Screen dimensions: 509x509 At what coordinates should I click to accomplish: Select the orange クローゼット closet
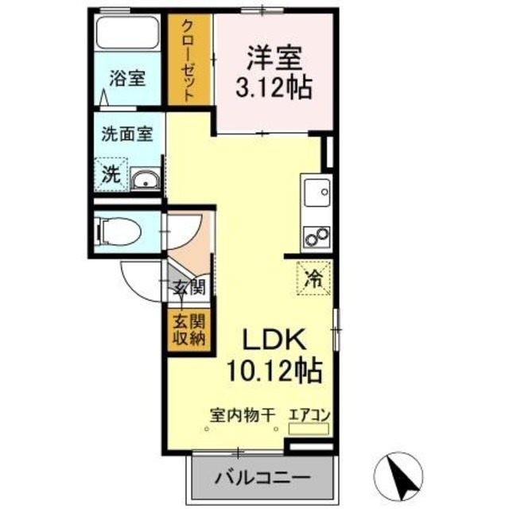[x=189, y=60]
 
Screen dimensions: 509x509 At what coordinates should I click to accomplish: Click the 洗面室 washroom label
[x=126, y=134]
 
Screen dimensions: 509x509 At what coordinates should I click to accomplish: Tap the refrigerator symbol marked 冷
[x=315, y=279]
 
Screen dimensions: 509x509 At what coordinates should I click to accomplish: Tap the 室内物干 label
[x=242, y=414]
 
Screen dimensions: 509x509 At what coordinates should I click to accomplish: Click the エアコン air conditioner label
[x=309, y=414]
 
